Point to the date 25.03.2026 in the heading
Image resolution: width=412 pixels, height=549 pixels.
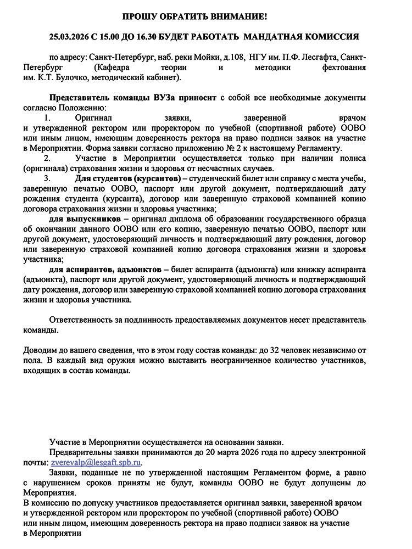68,37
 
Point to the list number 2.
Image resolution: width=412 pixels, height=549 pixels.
47,159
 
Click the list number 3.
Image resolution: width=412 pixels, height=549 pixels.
47,179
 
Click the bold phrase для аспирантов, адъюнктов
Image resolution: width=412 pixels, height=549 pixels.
109,270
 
